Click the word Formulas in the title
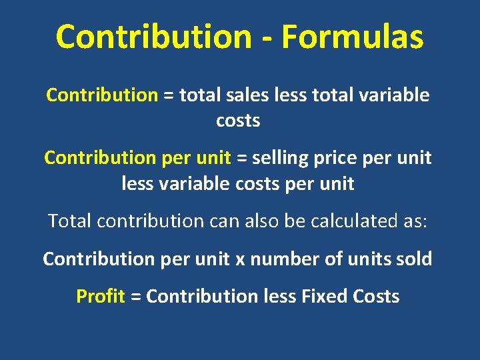tap(352, 37)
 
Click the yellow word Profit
tap(101, 296)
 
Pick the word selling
tap(279, 159)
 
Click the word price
tap(337, 159)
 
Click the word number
tap(287, 259)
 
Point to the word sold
tap(414, 259)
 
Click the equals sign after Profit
tap(135, 297)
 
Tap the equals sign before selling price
tap(241, 159)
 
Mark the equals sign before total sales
tap(168, 95)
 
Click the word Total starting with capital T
tap(69, 221)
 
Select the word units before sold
tap(370, 259)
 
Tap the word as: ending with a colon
tap(412, 221)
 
